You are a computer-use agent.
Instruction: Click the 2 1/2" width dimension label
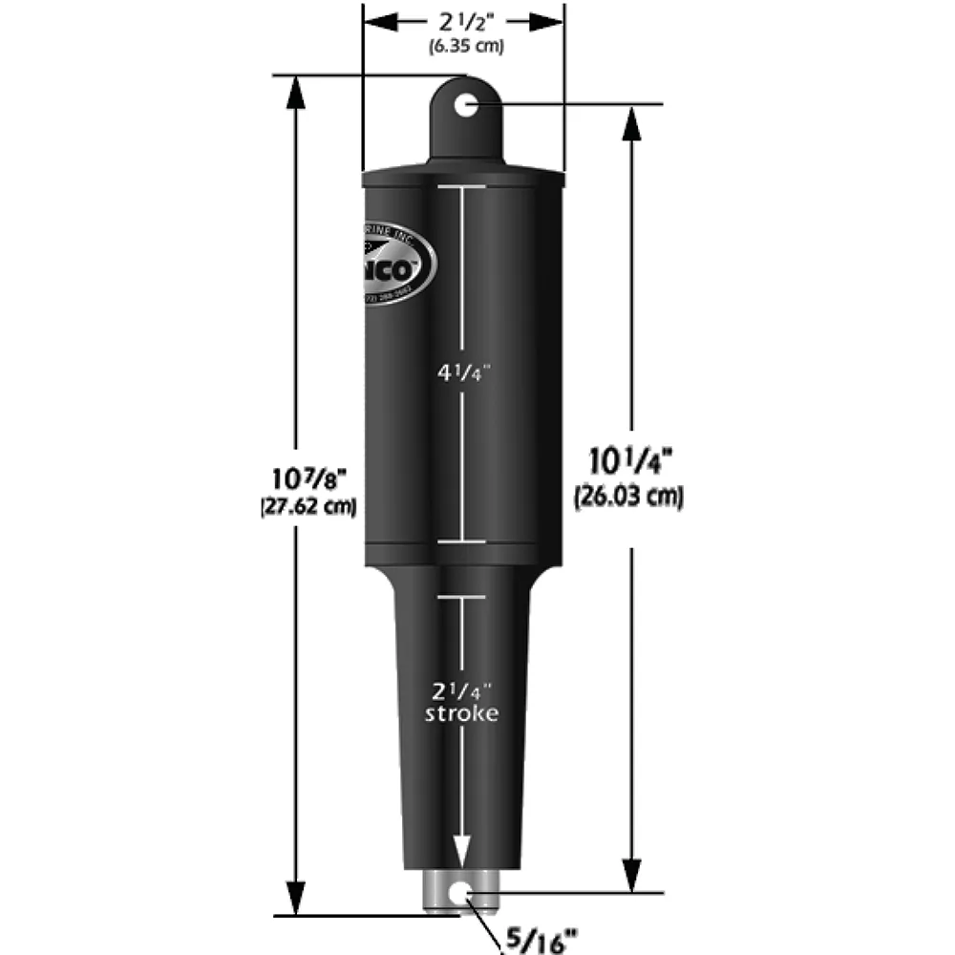tap(463, 21)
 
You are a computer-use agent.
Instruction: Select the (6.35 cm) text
tap(463, 45)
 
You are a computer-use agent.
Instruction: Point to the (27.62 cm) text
tap(308, 508)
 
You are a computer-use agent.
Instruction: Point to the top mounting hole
tap(465, 104)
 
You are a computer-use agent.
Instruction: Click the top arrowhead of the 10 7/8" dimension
tap(296, 91)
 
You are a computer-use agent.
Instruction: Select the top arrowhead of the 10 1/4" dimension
tap(629, 121)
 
